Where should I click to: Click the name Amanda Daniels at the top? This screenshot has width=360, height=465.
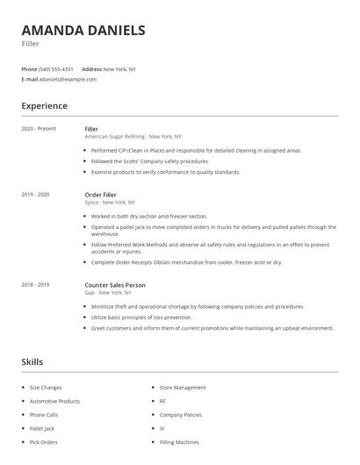pos(83,30)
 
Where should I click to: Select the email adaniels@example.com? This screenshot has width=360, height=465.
pos(68,79)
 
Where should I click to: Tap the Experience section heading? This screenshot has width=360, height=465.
pos(44,106)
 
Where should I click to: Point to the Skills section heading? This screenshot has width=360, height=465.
pos(32,361)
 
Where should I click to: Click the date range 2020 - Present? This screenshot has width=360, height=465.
pos(39,129)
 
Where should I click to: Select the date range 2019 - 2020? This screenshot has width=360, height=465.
pos(35,194)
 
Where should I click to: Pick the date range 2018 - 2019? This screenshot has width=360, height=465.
pos(35,284)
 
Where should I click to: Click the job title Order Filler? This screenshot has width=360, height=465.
pos(101,194)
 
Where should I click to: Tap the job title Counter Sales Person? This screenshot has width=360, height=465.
pos(115,284)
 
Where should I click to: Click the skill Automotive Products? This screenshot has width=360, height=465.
pos(54,401)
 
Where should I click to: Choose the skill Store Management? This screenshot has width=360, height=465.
pos(183,387)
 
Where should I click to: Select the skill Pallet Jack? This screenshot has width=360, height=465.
pos(42,428)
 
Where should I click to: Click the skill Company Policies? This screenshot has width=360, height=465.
pos(181,414)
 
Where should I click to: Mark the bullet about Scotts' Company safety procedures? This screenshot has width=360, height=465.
pos(150,161)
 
